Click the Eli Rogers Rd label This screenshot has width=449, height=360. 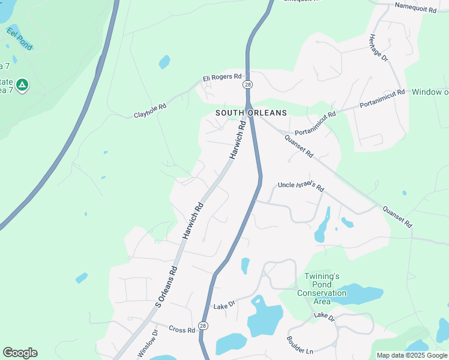(x=221, y=77)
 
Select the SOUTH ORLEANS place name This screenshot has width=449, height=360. (x=252, y=113)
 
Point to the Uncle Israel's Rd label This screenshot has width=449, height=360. (x=301, y=187)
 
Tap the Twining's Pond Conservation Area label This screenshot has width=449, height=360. (x=322, y=289)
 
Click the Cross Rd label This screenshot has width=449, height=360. (x=182, y=330)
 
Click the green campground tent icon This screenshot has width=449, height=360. (x=22, y=86)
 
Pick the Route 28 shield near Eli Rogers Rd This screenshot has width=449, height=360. (x=247, y=85)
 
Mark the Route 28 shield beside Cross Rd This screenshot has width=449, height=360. (x=203, y=326)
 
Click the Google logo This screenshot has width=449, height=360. (x=20, y=353)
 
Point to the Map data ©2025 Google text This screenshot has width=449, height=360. (x=412, y=355)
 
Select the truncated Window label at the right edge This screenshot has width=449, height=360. (x=430, y=92)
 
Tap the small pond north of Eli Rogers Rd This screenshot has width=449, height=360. (x=164, y=62)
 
